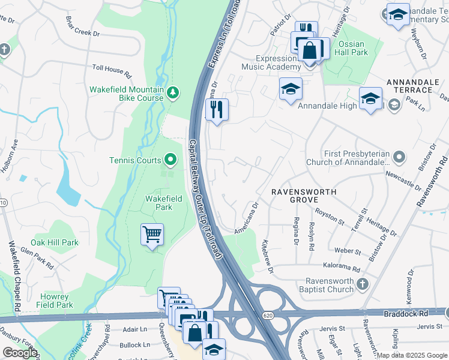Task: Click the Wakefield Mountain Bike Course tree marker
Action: point(173,92)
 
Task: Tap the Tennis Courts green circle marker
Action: point(170,160)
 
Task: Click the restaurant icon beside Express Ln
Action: point(217,110)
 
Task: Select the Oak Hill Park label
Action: point(55,242)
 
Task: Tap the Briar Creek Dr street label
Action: point(82,31)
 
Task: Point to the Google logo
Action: point(20,353)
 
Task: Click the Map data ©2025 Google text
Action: point(411,355)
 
